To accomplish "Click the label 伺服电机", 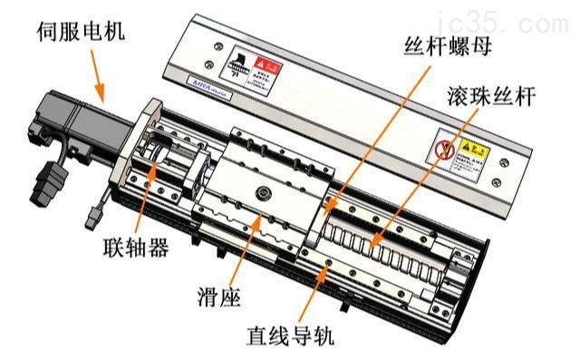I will (x=80, y=35).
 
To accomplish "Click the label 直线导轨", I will (x=292, y=338).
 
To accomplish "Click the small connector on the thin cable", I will (x=91, y=219).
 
